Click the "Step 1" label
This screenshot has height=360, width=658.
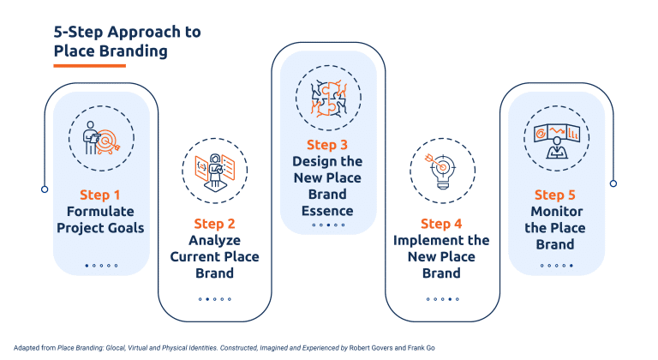[100, 195]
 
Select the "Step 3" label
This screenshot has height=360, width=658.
[327, 145]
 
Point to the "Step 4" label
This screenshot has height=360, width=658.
[441, 225]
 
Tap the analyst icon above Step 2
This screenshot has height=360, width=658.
[213, 168]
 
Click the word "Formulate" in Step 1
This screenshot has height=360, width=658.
[100, 212]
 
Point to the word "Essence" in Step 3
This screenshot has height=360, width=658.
[327, 211]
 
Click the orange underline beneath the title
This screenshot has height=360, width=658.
[89, 66]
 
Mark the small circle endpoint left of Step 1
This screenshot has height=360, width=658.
[45, 188]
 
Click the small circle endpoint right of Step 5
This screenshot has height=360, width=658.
[613, 183]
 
